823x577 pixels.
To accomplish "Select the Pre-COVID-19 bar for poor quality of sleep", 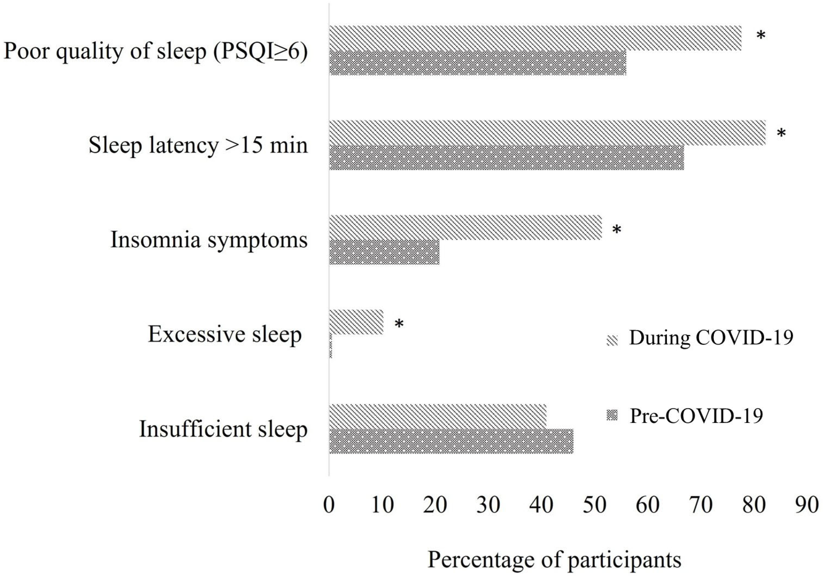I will [x=478, y=63].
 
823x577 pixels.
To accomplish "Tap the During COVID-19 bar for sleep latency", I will [x=547, y=133].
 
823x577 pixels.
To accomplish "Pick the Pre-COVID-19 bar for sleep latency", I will [x=506, y=158].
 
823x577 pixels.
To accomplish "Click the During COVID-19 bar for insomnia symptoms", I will [x=465, y=227].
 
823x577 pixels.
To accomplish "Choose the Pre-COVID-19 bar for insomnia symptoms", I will [x=384, y=252].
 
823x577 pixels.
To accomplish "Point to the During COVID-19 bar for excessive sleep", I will [x=356, y=322].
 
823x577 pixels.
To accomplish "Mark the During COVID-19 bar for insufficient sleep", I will [x=437, y=416].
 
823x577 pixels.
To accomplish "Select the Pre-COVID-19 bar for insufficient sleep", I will [x=451, y=441].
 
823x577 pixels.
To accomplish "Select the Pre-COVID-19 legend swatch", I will [x=612, y=416].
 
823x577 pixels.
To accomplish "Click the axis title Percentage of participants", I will [x=554, y=560].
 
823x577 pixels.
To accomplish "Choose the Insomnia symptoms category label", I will [x=209, y=240].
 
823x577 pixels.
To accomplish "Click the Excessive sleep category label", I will [x=225, y=334].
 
